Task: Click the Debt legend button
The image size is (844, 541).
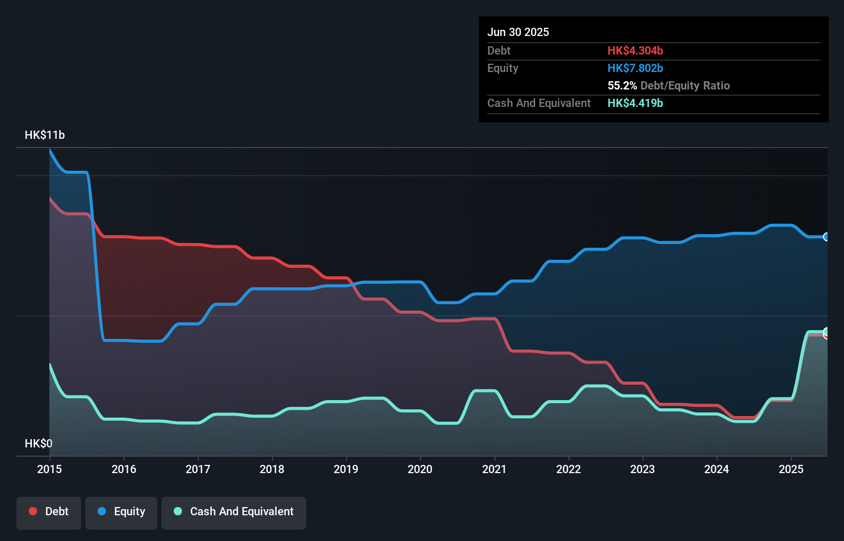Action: coord(49,512)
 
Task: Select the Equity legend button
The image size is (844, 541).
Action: coord(121,512)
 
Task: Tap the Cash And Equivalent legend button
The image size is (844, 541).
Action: coord(234,512)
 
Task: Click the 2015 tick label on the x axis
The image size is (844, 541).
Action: coord(49,469)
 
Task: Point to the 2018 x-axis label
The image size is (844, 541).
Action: coord(272,469)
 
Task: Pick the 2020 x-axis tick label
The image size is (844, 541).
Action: coord(420,469)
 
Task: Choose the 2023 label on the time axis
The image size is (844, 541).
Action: coord(643,469)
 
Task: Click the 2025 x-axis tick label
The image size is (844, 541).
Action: coord(791,469)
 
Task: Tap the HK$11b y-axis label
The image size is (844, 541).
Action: coord(45,135)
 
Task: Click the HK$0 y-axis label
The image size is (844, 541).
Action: coord(39,443)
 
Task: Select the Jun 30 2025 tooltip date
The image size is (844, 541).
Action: coord(518,32)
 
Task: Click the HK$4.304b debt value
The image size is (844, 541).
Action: coord(635,50)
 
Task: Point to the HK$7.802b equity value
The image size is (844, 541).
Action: coord(635,68)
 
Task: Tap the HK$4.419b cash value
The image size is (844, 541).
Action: coord(635,103)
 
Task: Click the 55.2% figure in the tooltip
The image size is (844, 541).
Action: coord(622,85)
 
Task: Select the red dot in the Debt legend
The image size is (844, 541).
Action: coord(33,511)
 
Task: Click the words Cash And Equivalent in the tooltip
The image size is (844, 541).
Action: coord(539,103)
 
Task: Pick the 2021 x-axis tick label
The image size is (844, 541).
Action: coord(494,469)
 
